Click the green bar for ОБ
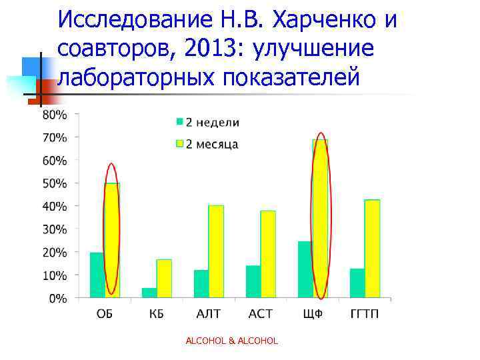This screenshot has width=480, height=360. click(97, 275)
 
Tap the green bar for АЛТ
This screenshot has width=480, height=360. click(201, 283)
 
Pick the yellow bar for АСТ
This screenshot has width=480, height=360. click(268, 254)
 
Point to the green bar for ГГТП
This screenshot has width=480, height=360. click(357, 283)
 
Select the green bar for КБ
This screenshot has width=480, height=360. click(149, 293)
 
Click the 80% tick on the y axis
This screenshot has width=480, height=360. click(55, 115)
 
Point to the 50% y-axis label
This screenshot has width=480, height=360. click(55, 183)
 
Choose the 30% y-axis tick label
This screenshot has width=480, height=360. click(55, 229)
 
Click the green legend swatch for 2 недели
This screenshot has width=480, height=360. click(179, 122)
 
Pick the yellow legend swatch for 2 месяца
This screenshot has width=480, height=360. click(179, 144)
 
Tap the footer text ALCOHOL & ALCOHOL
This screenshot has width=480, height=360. click(231, 341)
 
